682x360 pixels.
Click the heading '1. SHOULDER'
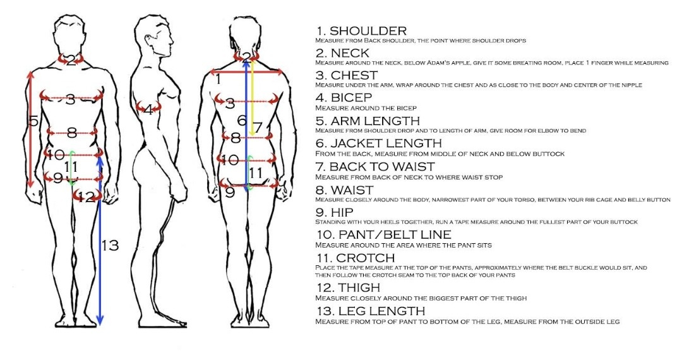coord(361,30)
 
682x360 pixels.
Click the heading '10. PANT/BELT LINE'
coord(383,234)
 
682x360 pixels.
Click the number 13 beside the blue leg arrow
coord(110,245)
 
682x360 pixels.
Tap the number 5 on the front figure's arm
coord(33,120)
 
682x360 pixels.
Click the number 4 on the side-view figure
coord(148,110)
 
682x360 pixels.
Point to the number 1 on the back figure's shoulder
coord(218,80)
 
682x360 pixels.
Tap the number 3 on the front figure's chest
coord(71,99)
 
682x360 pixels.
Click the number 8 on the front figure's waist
coord(71,133)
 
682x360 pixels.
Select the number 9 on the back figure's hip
coord(230,192)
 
